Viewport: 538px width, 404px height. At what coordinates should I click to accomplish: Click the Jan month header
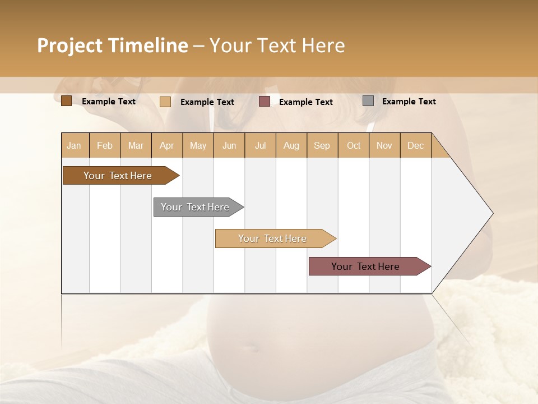pyautogui.click(x=74, y=145)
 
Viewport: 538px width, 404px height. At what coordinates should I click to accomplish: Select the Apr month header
pyautogui.click(x=167, y=145)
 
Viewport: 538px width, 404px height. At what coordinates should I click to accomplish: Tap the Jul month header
pyautogui.click(x=260, y=145)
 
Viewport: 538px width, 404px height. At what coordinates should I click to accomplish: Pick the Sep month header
pyautogui.click(x=322, y=145)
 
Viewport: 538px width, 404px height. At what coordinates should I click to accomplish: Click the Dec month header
pyautogui.click(x=415, y=145)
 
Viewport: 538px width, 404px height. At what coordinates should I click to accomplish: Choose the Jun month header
pyautogui.click(x=229, y=145)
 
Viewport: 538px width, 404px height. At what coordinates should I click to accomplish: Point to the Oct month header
pyautogui.click(x=354, y=145)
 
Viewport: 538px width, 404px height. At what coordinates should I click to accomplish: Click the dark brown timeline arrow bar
pyautogui.click(x=118, y=176)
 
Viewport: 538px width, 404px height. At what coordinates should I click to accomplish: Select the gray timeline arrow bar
pyautogui.click(x=195, y=207)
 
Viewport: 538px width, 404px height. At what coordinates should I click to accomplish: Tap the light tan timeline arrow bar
pyautogui.click(x=272, y=238)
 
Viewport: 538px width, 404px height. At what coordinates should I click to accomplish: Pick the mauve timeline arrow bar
pyautogui.click(x=365, y=267)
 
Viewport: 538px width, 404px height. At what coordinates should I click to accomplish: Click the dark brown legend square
pyautogui.click(x=66, y=101)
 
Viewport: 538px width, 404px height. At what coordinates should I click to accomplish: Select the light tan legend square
pyautogui.click(x=165, y=102)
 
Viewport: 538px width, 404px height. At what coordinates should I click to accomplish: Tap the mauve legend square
pyautogui.click(x=265, y=101)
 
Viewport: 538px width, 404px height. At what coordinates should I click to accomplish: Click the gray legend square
pyautogui.click(x=368, y=101)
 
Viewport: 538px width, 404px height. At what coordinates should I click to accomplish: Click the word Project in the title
pyautogui.click(x=70, y=45)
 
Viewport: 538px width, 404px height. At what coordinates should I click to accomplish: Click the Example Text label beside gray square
pyautogui.click(x=409, y=102)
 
